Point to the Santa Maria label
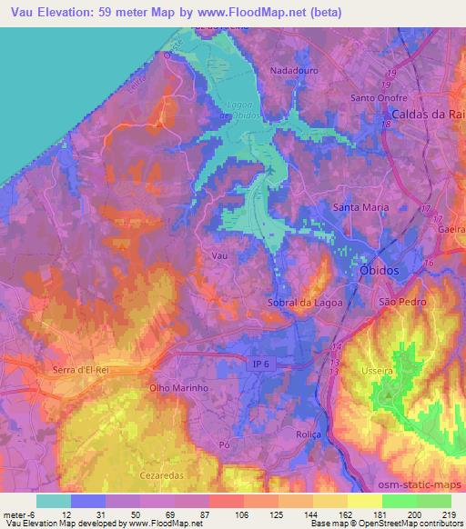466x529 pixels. (361, 207)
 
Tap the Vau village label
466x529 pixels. (218, 256)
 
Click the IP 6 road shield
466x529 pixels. (261, 364)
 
